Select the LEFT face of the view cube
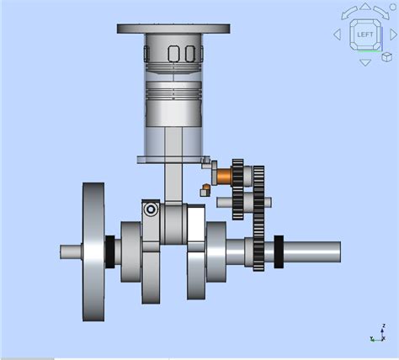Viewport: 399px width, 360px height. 364,34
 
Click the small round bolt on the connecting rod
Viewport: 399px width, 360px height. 150,209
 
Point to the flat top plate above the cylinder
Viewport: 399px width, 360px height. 173,29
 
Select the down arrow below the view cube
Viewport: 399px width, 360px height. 364,61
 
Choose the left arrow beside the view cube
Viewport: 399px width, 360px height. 338,34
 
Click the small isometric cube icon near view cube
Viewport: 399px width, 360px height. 386,57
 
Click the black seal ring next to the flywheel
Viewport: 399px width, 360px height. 109,251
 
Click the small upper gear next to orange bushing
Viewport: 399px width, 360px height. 239,177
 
